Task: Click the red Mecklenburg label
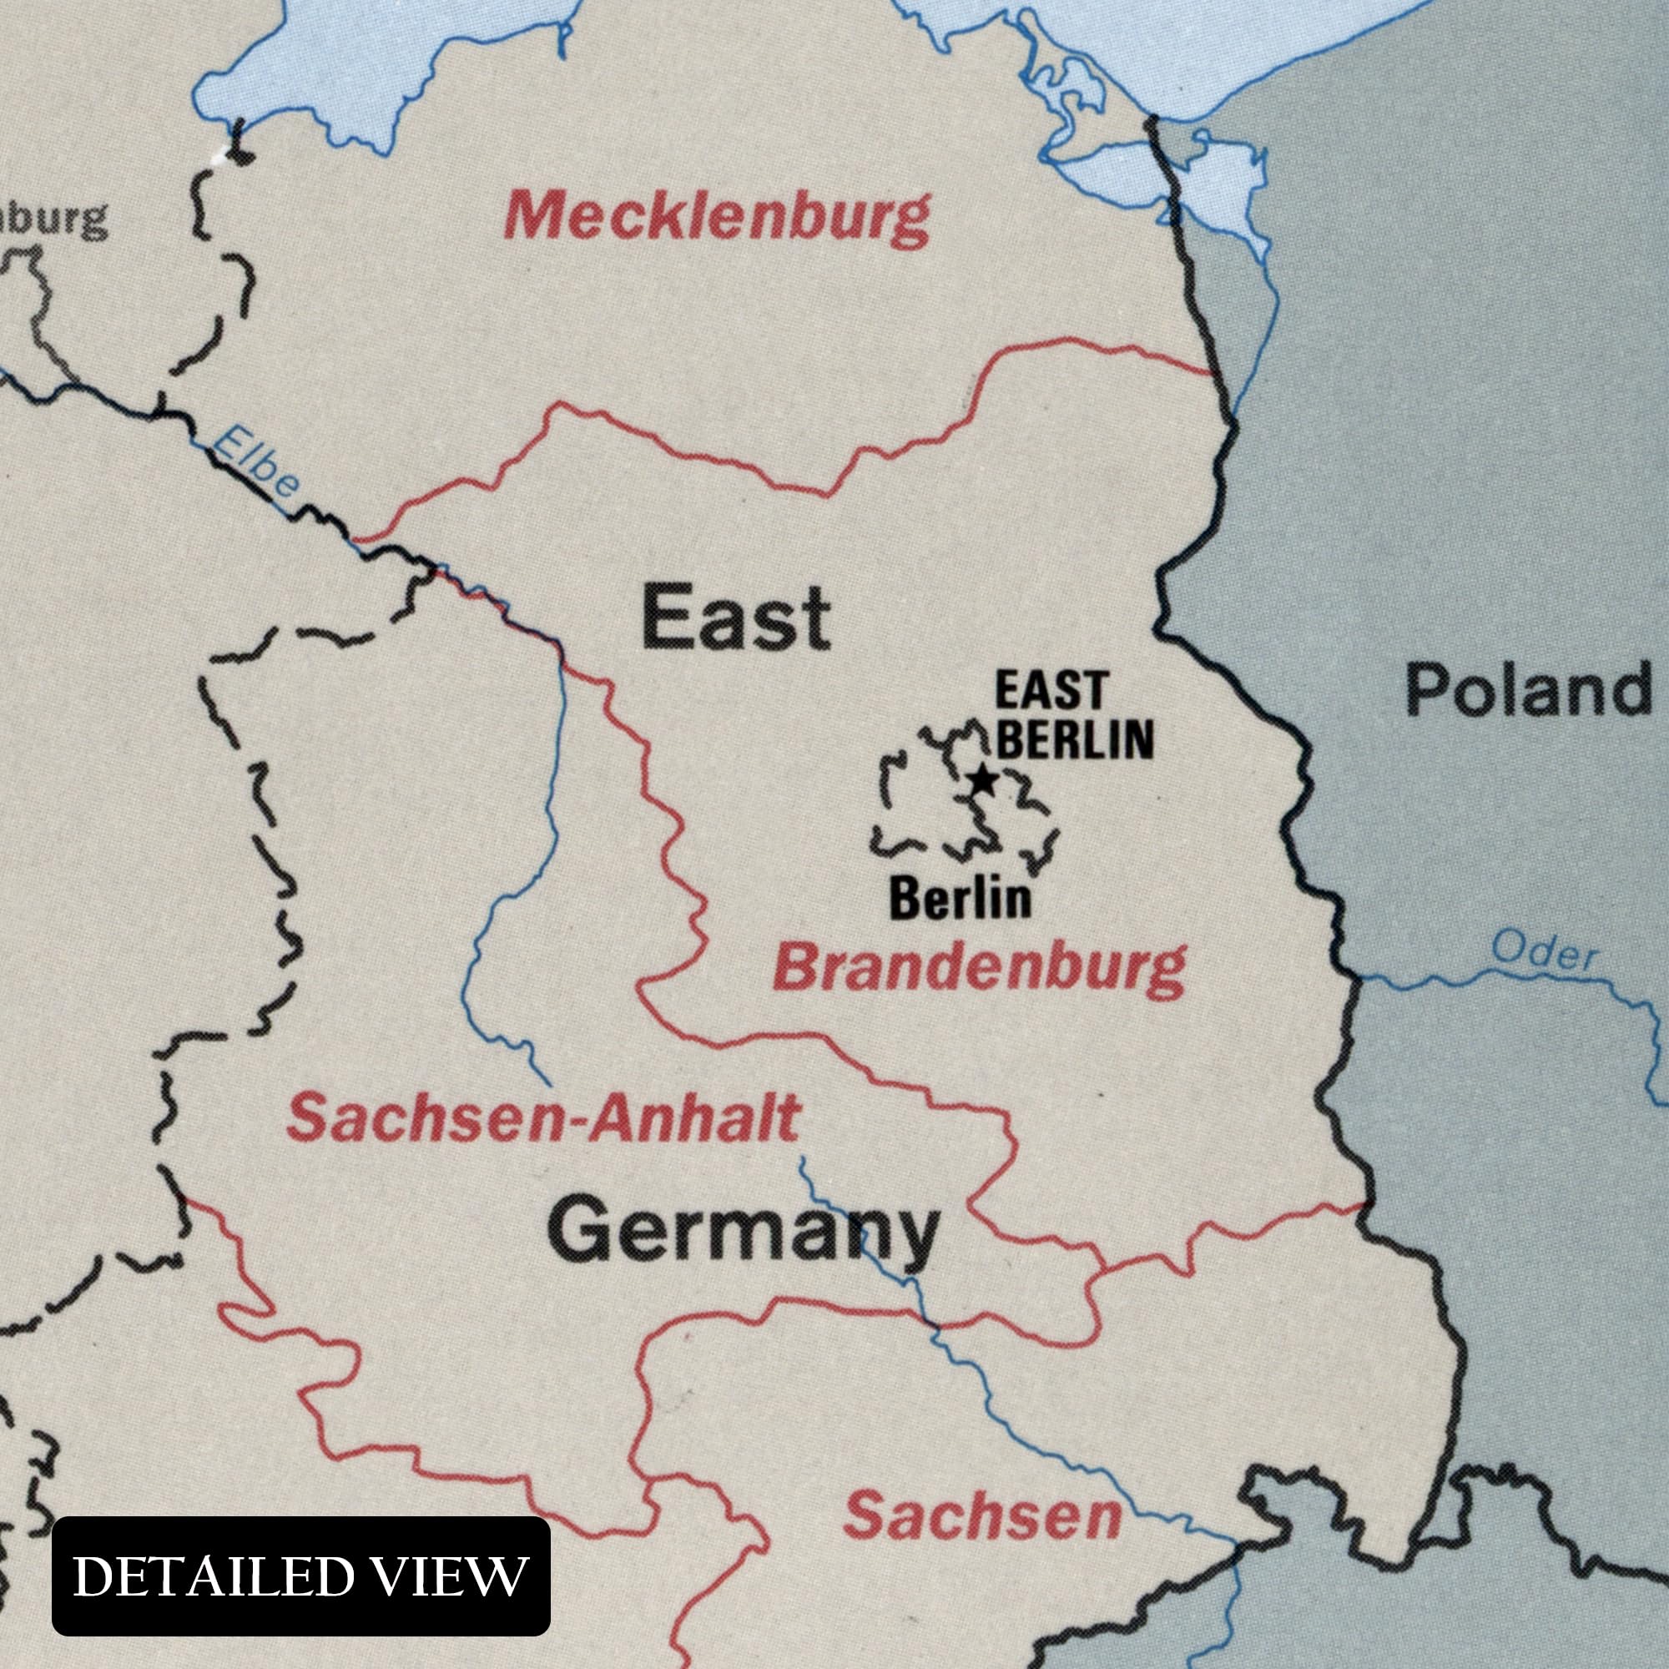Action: pyautogui.click(x=717, y=218)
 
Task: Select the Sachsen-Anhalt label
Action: pyautogui.click(x=542, y=1118)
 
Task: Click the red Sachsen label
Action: pyautogui.click(x=982, y=1517)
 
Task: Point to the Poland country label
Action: pyautogui.click(x=1527, y=691)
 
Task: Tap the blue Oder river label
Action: pyautogui.click(x=1545, y=952)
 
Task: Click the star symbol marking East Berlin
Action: pyautogui.click(x=982, y=780)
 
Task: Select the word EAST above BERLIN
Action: pyautogui.click(x=1051, y=691)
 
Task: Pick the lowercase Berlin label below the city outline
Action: pyautogui.click(x=960, y=899)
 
